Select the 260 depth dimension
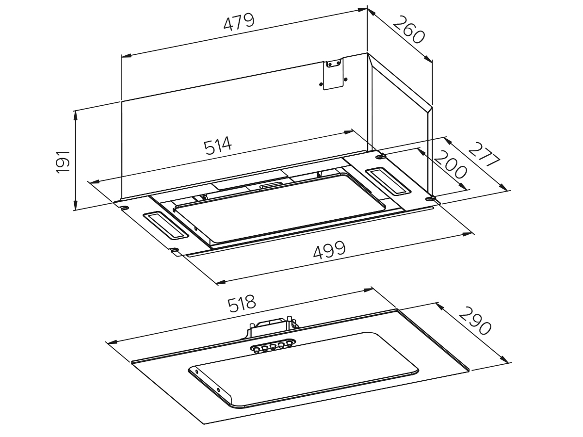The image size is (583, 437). tap(408, 30)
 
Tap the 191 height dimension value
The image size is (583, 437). tap(63, 161)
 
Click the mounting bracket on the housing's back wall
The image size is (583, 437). tap(333, 73)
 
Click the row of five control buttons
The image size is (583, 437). tap(272, 346)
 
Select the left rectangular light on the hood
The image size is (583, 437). tap(165, 226)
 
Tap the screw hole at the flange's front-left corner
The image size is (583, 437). tap(175, 250)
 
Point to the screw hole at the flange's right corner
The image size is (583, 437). tap(429, 198)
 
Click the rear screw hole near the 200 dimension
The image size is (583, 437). tap(381, 156)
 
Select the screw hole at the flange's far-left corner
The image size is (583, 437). tap(124, 208)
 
